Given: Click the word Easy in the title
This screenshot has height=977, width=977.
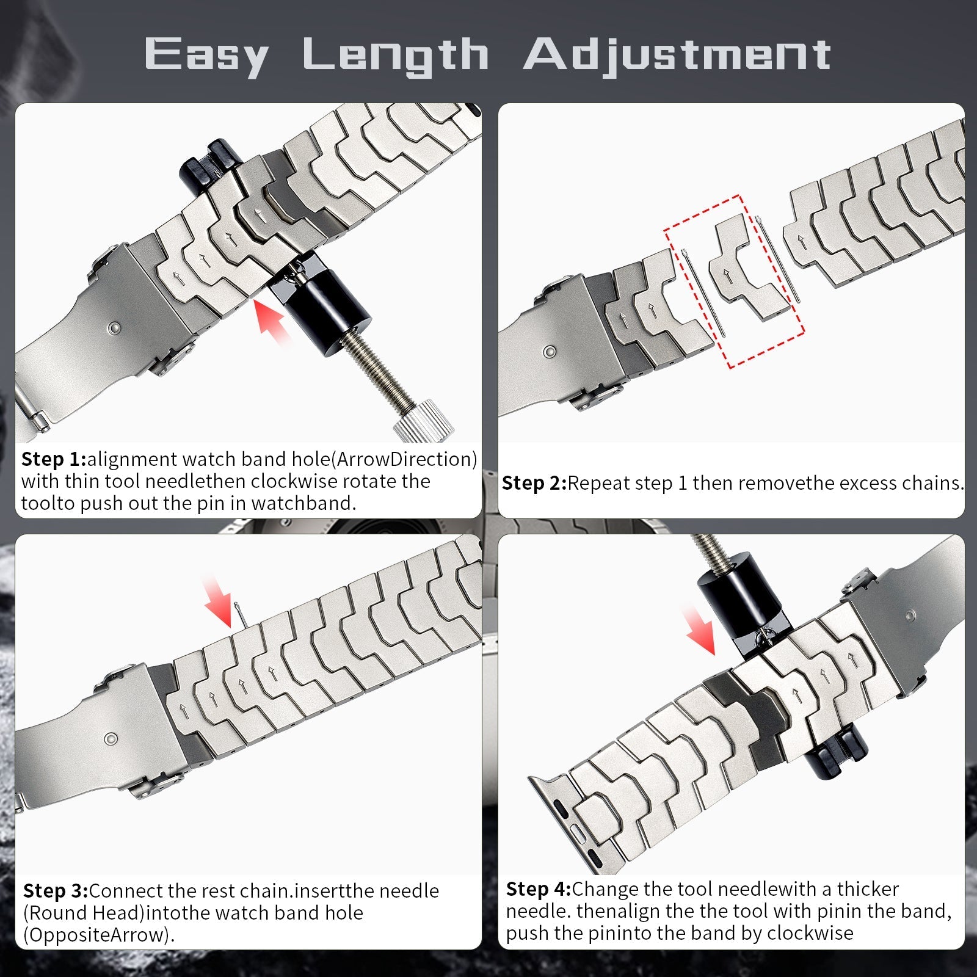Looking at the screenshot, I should coord(206,55).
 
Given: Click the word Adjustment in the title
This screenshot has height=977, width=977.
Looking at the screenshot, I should coord(677,55).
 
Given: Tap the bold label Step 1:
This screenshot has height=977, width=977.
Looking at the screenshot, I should coord(54,459).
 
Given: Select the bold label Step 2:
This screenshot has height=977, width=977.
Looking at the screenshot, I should coord(534,483).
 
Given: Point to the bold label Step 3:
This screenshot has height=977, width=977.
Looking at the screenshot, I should coord(56,891).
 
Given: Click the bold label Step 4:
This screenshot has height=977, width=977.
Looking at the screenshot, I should coord(538,889).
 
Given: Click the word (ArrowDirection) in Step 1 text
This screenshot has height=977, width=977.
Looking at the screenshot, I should coord(405,459).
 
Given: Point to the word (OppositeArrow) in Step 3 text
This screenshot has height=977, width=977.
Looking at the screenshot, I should coord(98,935).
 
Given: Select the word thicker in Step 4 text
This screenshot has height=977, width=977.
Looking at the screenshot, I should coord(868,889).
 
